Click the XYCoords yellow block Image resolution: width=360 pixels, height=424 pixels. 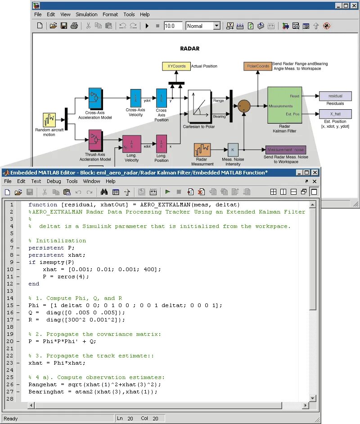[176, 67]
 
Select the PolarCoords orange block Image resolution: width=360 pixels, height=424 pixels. [258, 67]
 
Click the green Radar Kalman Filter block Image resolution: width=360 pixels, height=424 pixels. [284, 105]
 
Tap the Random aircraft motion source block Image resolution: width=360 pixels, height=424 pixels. [49, 120]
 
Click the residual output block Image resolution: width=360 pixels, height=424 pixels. [335, 96]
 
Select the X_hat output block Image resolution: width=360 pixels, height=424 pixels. [335, 114]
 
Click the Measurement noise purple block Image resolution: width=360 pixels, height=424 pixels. [285, 150]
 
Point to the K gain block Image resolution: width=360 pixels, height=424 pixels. [233, 150]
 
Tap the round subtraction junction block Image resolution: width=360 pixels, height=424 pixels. [244, 106]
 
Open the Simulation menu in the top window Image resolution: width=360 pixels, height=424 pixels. [86, 14]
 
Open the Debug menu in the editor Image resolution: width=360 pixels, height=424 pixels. [54, 181]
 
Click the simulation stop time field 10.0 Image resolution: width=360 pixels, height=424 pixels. [173, 26]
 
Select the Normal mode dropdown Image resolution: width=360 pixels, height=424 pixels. [203, 26]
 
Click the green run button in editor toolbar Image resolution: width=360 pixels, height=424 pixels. [167, 192]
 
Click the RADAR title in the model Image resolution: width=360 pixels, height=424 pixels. [189, 49]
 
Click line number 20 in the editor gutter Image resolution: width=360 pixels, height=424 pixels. [10, 341]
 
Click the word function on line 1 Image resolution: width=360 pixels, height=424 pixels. [43, 205]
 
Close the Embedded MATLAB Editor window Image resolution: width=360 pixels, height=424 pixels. [314, 172]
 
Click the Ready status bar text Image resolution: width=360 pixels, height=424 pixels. [11, 419]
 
